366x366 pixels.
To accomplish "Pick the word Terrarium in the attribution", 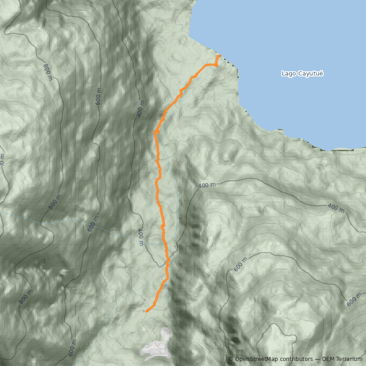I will click(x=350, y=359).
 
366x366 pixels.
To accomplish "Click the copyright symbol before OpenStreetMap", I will click(x=231, y=359).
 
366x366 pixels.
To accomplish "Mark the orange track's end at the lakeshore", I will click(x=220, y=56).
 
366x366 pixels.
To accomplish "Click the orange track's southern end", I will click(x=146, y=312).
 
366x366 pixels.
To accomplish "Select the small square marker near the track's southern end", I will click(x=145, y=300).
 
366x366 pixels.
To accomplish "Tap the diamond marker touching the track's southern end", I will click(x=143, y=311).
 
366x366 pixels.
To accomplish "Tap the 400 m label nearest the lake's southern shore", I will click(x=207, y=185).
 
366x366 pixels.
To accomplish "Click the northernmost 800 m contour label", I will click(x=48, y=72).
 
